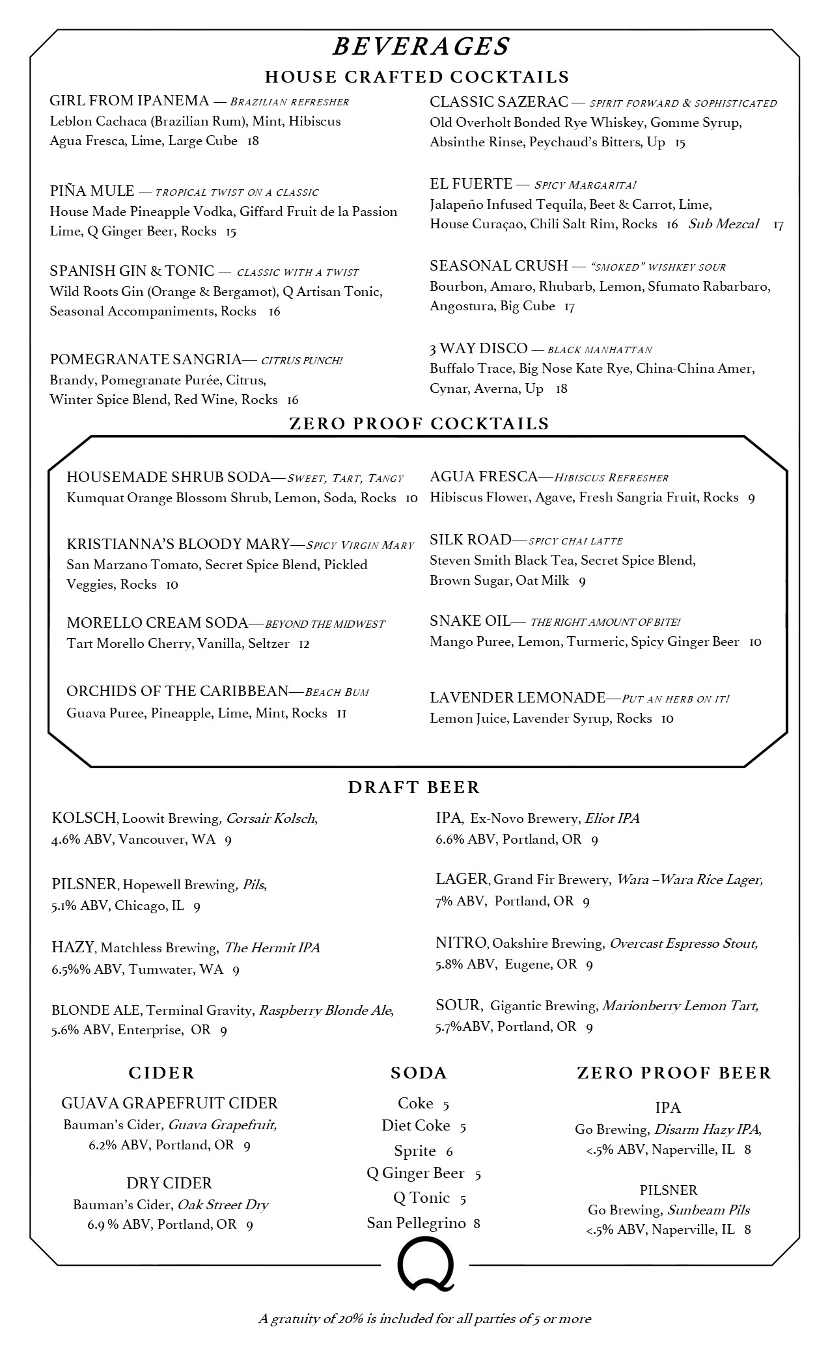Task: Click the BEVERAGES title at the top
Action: [x=421, y=47]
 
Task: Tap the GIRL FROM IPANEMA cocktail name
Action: [x=129, y=101]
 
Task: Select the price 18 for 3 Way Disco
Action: [x=561, y=389]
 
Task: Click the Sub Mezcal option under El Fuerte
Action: [x=723, y=224]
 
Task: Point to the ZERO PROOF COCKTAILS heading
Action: [x=419, y=424]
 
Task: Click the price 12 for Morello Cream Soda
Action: [x=304, y=644]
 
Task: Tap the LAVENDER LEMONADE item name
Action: [x=517, y=698]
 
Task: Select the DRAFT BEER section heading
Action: [x=413, y=787]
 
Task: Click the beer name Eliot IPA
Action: [x=612, y=818]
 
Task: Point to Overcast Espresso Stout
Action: [x=684, y=943]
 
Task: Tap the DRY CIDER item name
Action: [x=169, y=1183]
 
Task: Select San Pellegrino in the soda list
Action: [x=416, y=1223]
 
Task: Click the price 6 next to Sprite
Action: [x=449, y=1151]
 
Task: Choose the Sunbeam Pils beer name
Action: [x=708, y=1210]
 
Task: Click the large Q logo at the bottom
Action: [x=425, y=1265]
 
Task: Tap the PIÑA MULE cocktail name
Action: [x=92, y=191]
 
